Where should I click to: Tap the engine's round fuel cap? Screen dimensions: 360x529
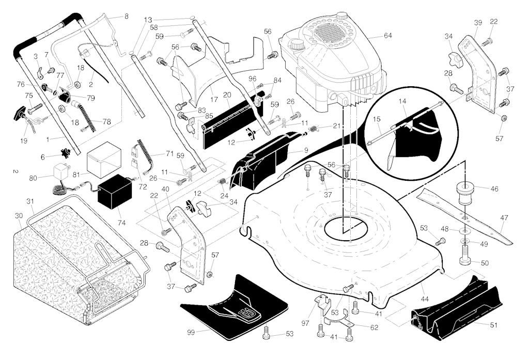(297, 45)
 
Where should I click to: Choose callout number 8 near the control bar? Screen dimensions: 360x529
(126, 17)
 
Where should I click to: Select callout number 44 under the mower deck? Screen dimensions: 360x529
(425, 299)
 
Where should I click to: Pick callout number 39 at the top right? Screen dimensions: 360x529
(478, 23)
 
